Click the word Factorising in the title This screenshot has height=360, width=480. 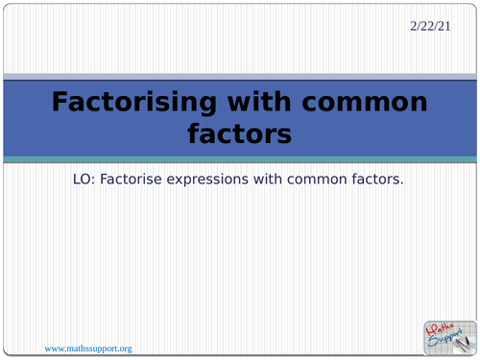(136, 103)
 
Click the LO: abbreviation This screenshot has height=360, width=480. (85, 179)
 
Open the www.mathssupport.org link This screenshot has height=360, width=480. (88, 348)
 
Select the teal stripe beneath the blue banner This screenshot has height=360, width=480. (239, 158)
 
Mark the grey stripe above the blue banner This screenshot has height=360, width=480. (239, 76)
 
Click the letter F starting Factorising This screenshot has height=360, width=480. (60, 103)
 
